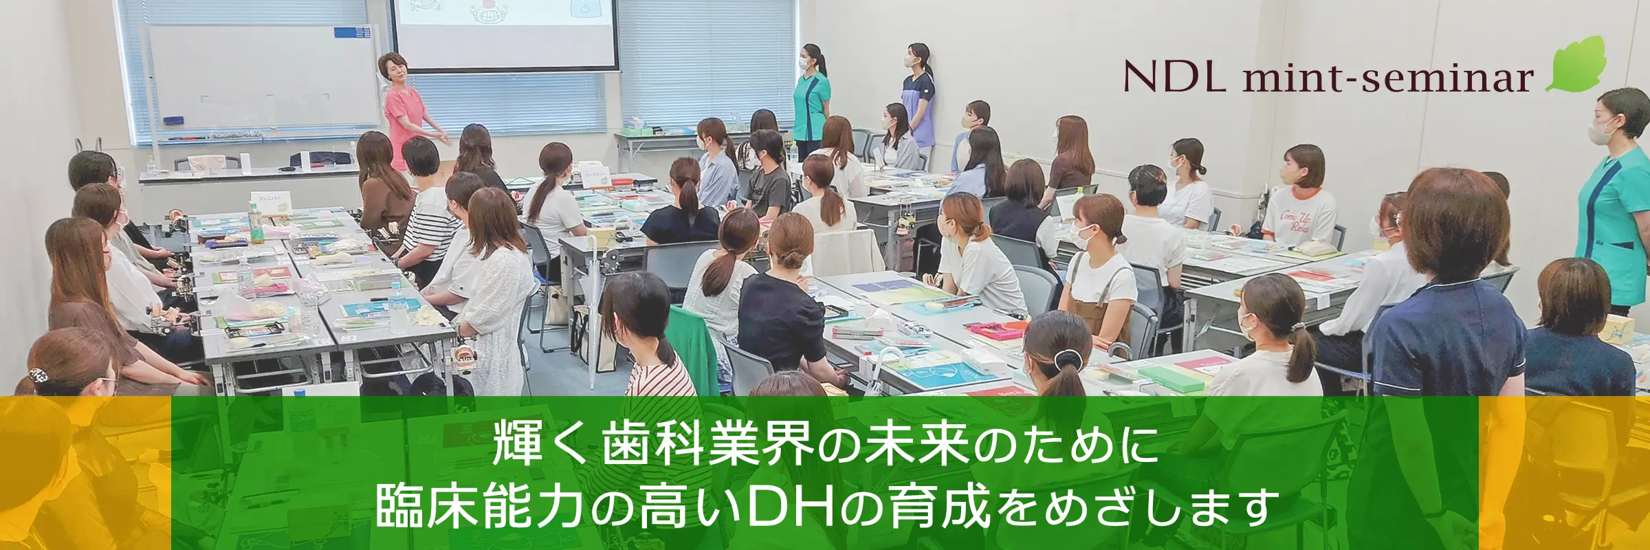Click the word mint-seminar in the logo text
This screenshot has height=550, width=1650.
point(1388,78)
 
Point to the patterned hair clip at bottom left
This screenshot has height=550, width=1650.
point(38,376)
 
